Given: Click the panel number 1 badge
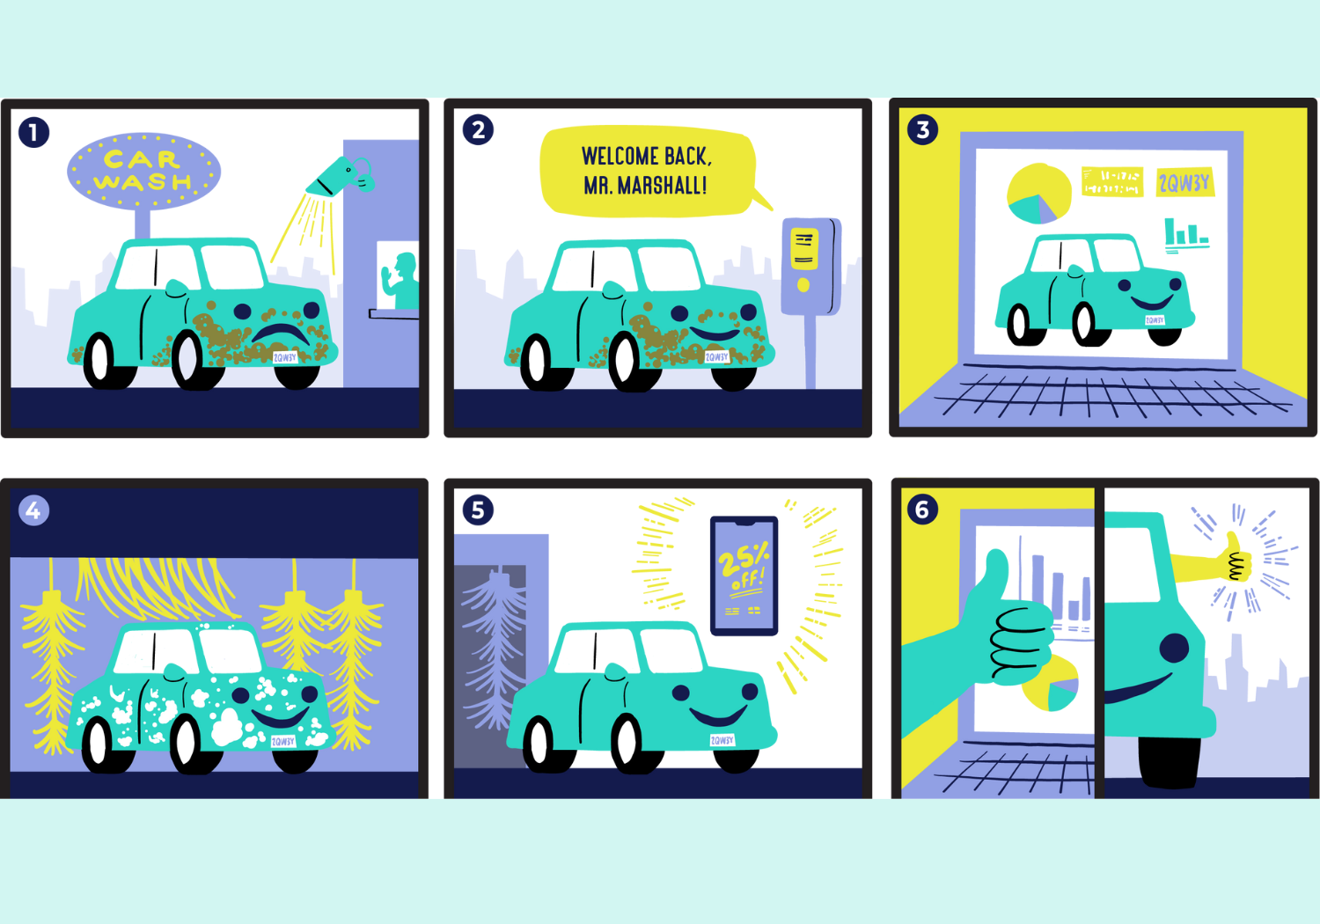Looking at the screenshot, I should click(x=34, y=133).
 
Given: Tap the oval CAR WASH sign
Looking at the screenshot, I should click(x=143, y=171).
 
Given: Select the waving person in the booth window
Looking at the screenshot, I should click(x=401, y=280).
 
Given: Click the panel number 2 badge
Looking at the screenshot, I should click(x=478, y=130).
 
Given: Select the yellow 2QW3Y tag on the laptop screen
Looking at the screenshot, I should click(x=1184, y=183).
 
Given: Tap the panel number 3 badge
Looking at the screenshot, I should click(x=922, y=130).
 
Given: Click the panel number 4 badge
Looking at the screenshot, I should click(x=33, y=510).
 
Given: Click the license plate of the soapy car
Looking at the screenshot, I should click(x=283, y=741).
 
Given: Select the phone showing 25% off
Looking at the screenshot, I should click(x=744, y=576).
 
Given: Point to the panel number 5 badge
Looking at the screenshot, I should click(x=478, y=510).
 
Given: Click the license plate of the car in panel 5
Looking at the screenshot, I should click(x=722, y=740).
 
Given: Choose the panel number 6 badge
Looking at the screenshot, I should click(x=922, y=510).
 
